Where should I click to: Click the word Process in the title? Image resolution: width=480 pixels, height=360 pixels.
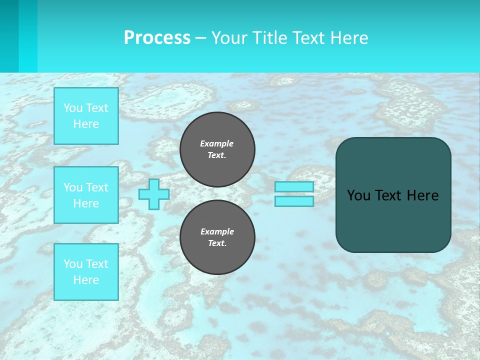157,38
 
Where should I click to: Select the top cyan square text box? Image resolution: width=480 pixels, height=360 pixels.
86,116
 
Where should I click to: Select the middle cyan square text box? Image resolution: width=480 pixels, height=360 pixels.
86,195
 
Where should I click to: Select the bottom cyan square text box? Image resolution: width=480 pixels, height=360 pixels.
86,272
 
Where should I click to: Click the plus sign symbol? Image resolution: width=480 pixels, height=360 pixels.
153,194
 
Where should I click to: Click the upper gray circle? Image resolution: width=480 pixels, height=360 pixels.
217,149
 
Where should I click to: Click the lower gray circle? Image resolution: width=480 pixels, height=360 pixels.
217,237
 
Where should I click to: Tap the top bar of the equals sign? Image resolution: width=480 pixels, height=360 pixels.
294,186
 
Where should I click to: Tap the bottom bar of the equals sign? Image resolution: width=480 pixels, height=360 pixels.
294,201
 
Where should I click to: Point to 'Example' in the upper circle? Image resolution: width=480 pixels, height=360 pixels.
216,143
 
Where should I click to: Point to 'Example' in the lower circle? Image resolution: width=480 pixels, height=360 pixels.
217,231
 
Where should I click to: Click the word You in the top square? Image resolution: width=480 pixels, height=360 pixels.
73,108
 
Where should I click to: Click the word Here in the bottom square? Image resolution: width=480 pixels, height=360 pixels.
86,280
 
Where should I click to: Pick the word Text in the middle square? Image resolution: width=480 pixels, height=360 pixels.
97,187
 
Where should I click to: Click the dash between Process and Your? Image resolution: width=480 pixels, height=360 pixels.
200,38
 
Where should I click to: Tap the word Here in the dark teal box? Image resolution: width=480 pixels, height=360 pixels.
423,195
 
